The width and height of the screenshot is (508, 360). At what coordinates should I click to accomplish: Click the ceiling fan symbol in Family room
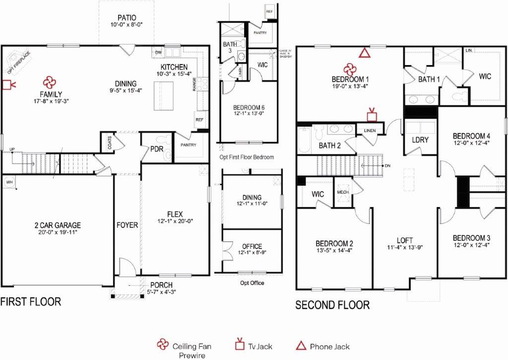[49, 82]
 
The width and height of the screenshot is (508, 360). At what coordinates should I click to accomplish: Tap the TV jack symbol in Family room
[8, 85]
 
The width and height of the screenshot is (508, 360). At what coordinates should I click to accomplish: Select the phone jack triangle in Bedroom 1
[365, 53]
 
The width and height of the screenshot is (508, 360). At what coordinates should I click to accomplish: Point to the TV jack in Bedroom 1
[372, 115]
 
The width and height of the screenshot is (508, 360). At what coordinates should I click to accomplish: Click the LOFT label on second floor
[405, 240]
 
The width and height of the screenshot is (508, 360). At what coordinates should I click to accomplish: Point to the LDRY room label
[420, 140]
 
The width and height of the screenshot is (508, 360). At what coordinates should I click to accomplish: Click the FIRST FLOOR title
[31, 301]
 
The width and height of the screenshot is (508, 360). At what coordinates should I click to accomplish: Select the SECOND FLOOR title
[332, 305]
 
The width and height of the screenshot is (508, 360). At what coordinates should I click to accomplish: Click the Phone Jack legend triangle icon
[300, 346]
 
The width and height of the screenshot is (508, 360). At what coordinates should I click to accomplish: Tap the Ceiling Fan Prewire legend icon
[162, 346]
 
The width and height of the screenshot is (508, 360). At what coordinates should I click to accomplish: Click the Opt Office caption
[252, 283]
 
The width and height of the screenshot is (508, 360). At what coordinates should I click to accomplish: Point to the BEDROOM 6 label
[249, 107]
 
